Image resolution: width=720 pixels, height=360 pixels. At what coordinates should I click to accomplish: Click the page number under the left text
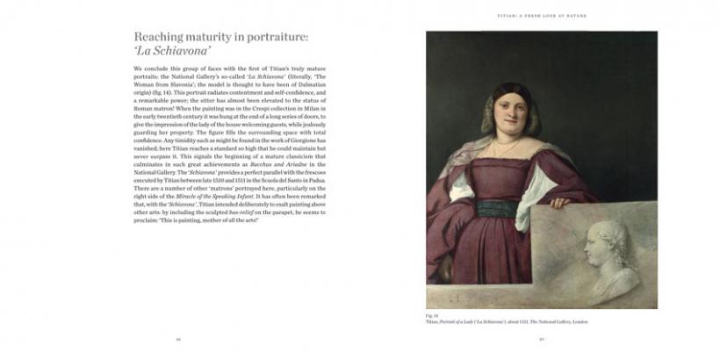(179, 338)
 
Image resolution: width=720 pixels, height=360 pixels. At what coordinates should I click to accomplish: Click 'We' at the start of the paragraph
(138, 68)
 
